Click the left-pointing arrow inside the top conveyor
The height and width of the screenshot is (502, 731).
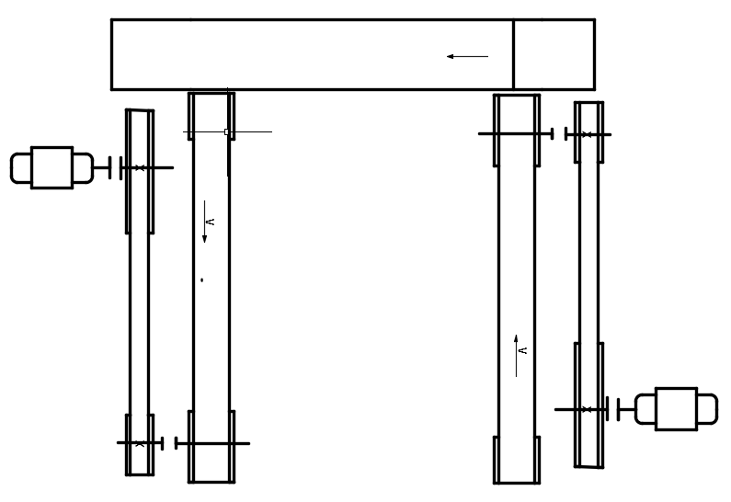[x=467, y=56]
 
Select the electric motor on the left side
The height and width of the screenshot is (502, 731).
[x=51, y=167]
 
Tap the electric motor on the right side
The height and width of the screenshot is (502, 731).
[x=676, y=408]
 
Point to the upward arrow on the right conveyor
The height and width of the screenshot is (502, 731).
[x=516, y=355]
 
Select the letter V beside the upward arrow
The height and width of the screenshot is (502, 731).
[x=523, y=350]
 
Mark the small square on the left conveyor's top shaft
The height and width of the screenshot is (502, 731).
[x=227, y=132]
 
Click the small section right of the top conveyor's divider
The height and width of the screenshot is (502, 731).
[x=554, y=54]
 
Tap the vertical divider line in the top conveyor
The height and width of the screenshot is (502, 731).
[x=513, y=54]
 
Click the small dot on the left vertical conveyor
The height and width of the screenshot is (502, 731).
[x=201, y=279]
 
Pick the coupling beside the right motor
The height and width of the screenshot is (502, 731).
[x=613, y=408]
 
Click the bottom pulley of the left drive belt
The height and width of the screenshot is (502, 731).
[x=140, y=444]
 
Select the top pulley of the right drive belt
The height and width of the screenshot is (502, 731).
[x=589, y=133]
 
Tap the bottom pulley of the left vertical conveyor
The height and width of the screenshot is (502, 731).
[x=211, y=445]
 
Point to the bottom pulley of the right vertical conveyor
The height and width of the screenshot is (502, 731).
[x=517, y=459]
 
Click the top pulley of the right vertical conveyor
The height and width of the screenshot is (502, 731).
[x=517, y=131]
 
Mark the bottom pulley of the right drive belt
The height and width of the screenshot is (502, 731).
[x=589, y=405]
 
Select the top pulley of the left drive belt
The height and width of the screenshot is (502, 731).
[x=140, y=171]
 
